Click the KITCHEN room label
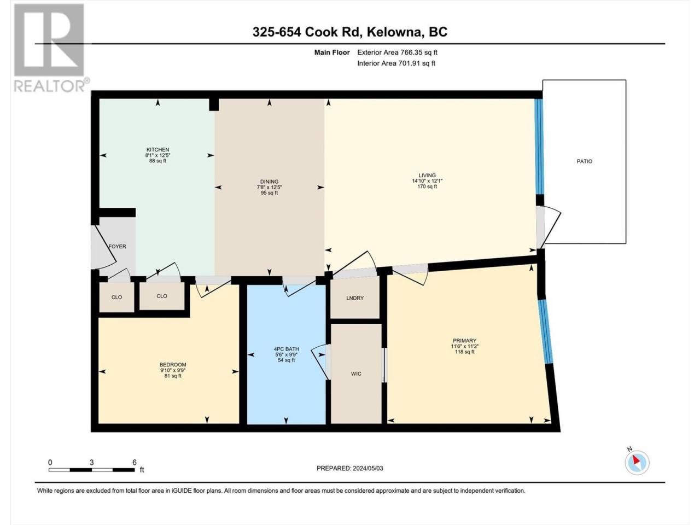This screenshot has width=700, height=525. pyautogui.click(x=157, y=149)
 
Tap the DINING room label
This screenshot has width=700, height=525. pyautogui.click(x=269, y=182)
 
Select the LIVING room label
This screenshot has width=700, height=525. pyautogui.click(x=427, y=175)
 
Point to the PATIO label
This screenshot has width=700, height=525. pyautogui.click(x=584, y=161)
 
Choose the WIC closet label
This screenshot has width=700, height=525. pyautogui.click(x=356, y=374)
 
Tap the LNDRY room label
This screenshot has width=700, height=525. pyautogui.click(x=354, y=298)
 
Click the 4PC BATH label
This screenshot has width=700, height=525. pyautogui.click(x=286, y=349)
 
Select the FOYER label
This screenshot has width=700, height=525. pyautogui.click(x=118, y=247)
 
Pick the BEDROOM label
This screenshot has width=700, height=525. pyautogui.click(x=172, y=365)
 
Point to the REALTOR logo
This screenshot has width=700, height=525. pyautogui.click(x=51, y=48)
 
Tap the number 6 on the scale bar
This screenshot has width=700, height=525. pyautogui.click(x=135, y=462)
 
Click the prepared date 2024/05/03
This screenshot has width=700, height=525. pyautogui.click(x=367, y=468)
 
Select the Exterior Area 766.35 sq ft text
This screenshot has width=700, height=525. pyautogui.click(x=398, y=52)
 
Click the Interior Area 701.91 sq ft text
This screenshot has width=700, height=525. pyautogui.click(x=396, y=63)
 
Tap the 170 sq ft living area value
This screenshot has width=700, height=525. pyautogui.click(x=427, y=186)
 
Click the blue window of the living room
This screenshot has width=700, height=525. pyautogui.click(x=539, y=147)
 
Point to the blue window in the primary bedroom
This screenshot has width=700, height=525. pyautogui.click(x=546, y=331)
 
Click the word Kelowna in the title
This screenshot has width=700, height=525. pyautogui.click(x=392, y=32)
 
